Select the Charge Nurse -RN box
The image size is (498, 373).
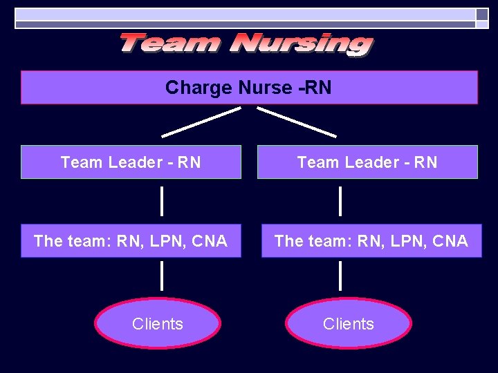click(x=249, y=88)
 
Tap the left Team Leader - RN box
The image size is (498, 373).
click(x=131, y=162)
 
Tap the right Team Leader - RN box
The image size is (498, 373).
click(x=367, y=162)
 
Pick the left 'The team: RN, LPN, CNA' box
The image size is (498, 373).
click(x=131, y=241)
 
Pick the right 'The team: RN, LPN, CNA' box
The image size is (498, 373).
click(x=371, y=241)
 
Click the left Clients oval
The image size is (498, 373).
click(x=158, y=323)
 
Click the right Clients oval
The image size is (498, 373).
click(x=349, y=323)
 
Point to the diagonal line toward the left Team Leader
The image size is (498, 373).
click(x=201, y=122)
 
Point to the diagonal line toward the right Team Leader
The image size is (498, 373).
click(x=297, y=122)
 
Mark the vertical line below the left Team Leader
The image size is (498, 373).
click(x=162, y=201)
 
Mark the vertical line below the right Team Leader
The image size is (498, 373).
click(x=340, y=201)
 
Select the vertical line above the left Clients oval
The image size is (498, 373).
click(x=162, y=276)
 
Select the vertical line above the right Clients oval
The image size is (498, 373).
click(x=340, y=276)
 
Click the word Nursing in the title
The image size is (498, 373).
click(x=302, y=44)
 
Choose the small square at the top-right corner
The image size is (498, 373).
click(x=482, y=14)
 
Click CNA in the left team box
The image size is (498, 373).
click(x=210, y=241)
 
